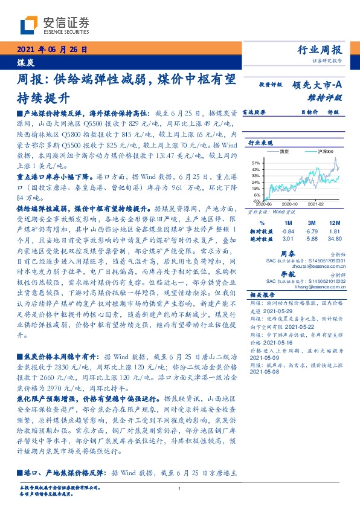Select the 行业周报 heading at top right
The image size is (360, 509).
point(320,50)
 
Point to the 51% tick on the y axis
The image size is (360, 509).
point(255,163)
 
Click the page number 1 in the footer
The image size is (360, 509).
point(180,489)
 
